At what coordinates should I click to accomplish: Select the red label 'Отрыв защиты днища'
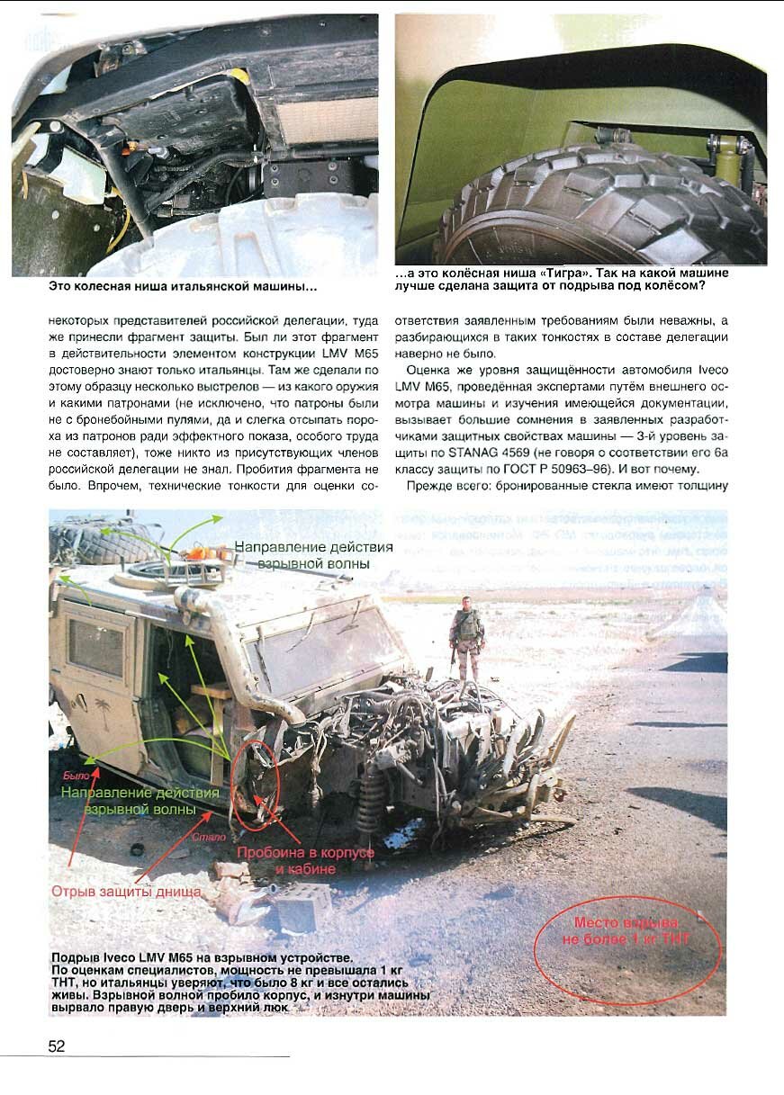pos(126,891)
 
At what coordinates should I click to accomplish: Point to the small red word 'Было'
pos(76,776)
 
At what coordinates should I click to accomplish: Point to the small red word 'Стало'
pos(209,837)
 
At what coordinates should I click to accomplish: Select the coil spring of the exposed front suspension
pos(369,801)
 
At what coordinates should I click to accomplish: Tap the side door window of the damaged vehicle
pos(95,648)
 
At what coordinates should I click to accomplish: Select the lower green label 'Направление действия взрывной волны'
pos(140,801)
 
